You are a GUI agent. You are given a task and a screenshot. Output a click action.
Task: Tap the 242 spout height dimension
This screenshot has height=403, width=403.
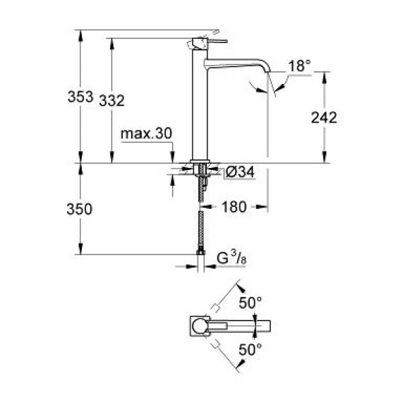(x=322, y=118)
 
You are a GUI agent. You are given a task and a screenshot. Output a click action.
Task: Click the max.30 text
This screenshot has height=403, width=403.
(x=146, y=134)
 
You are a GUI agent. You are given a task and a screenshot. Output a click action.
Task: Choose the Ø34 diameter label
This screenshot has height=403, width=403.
(x=240, y=173)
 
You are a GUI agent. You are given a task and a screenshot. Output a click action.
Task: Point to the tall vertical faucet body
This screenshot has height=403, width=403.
(x=199, y=107)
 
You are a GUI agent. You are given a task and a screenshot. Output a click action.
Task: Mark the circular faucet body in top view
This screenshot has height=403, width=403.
(x=199, y=326)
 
